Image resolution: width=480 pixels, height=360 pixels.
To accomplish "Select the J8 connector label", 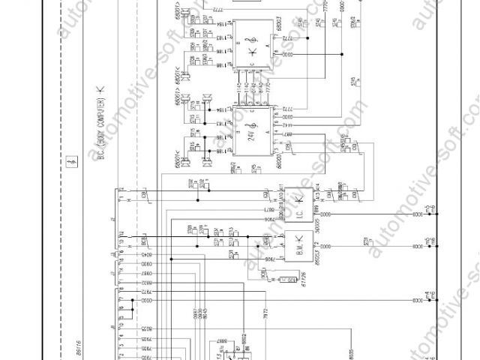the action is pos(109,328).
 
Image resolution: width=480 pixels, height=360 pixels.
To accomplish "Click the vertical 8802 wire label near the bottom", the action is pos(244,341).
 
